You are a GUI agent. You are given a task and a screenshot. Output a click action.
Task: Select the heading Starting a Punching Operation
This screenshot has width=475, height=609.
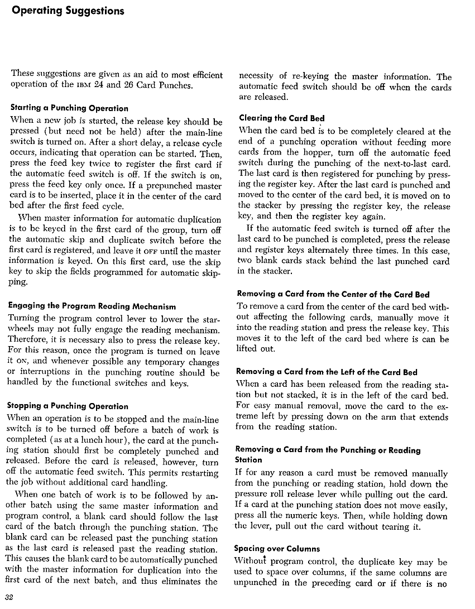69,108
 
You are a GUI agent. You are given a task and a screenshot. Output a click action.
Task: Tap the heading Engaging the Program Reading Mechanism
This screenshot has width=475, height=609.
93,306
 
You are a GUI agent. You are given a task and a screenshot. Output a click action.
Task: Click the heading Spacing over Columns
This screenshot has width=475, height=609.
277,549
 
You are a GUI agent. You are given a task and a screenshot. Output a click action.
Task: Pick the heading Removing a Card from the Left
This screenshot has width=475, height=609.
327,372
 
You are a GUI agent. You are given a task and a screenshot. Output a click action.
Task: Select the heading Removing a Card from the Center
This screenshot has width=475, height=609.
333,294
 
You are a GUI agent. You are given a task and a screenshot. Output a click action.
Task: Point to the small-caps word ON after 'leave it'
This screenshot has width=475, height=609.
23,362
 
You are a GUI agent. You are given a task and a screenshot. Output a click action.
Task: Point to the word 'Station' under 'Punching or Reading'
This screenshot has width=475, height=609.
249,460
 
